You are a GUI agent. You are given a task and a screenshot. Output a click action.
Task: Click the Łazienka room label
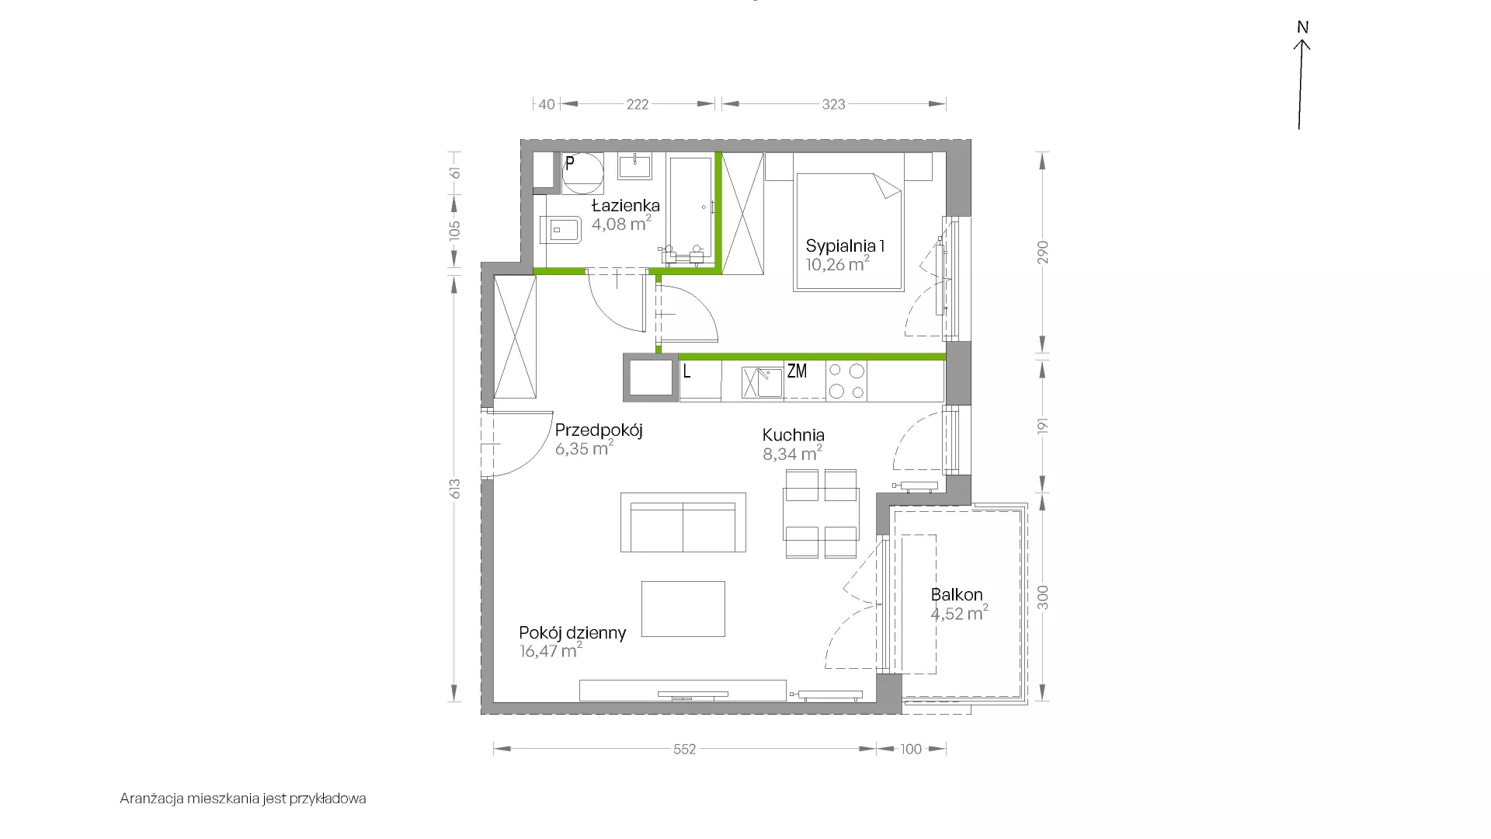click(626, 206)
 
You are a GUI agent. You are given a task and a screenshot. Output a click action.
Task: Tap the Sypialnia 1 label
click(846, 246)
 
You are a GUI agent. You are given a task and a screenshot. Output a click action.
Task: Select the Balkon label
click(957, 595)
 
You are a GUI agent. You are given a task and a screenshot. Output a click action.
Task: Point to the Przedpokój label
click(599, 430)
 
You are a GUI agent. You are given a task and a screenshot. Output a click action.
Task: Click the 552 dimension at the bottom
click(684, 750)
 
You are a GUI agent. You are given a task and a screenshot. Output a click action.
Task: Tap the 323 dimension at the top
click(833, 104)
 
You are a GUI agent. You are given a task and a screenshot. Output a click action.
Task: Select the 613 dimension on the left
click(455, 489)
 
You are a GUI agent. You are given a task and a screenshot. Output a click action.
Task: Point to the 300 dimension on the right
click(1043, 597)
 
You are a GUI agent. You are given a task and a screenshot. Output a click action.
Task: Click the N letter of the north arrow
click(1303, 27)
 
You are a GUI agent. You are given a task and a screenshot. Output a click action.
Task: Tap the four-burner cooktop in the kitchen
click(846, 381)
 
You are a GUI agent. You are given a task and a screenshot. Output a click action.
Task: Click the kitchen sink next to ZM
click(762, 383)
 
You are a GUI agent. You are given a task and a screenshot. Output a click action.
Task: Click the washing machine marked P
click(582, 173)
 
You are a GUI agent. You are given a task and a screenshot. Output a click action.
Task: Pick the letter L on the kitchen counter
click(686, 371)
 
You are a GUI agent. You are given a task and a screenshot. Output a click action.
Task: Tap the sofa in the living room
click(683, 522)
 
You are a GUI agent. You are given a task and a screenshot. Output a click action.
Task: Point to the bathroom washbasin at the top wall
click(635, 165)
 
